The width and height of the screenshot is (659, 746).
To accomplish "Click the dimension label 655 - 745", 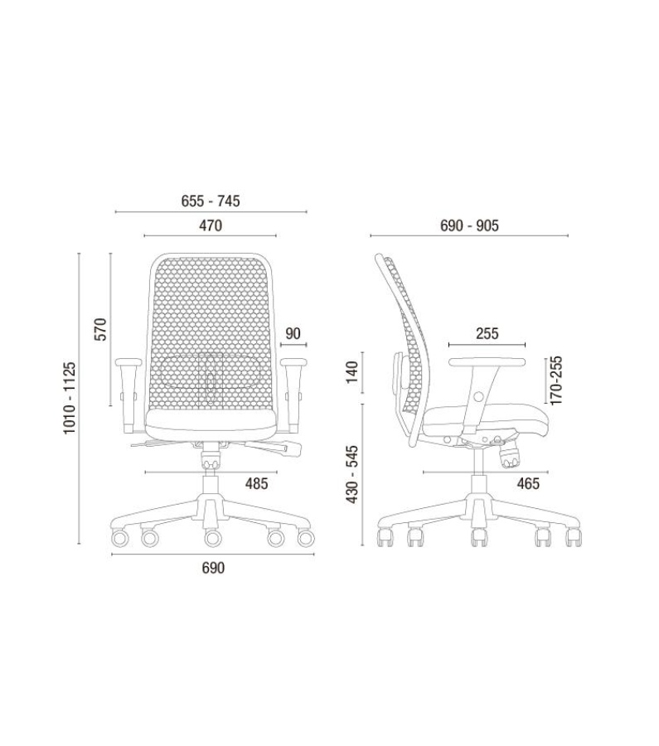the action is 211,201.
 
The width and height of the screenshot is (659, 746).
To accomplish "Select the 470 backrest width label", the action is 211,225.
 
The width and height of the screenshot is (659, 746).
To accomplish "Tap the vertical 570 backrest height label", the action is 101,329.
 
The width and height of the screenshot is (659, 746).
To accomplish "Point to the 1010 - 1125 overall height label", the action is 70,398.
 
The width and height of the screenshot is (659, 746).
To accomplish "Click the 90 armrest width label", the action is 293,333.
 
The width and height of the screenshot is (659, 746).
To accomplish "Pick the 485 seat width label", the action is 256,484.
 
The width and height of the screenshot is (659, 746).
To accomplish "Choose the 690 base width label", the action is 213,568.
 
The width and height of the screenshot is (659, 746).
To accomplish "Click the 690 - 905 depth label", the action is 469,225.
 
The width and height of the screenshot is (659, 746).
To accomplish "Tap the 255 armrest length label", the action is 487,333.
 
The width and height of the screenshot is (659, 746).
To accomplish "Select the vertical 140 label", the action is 351,372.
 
